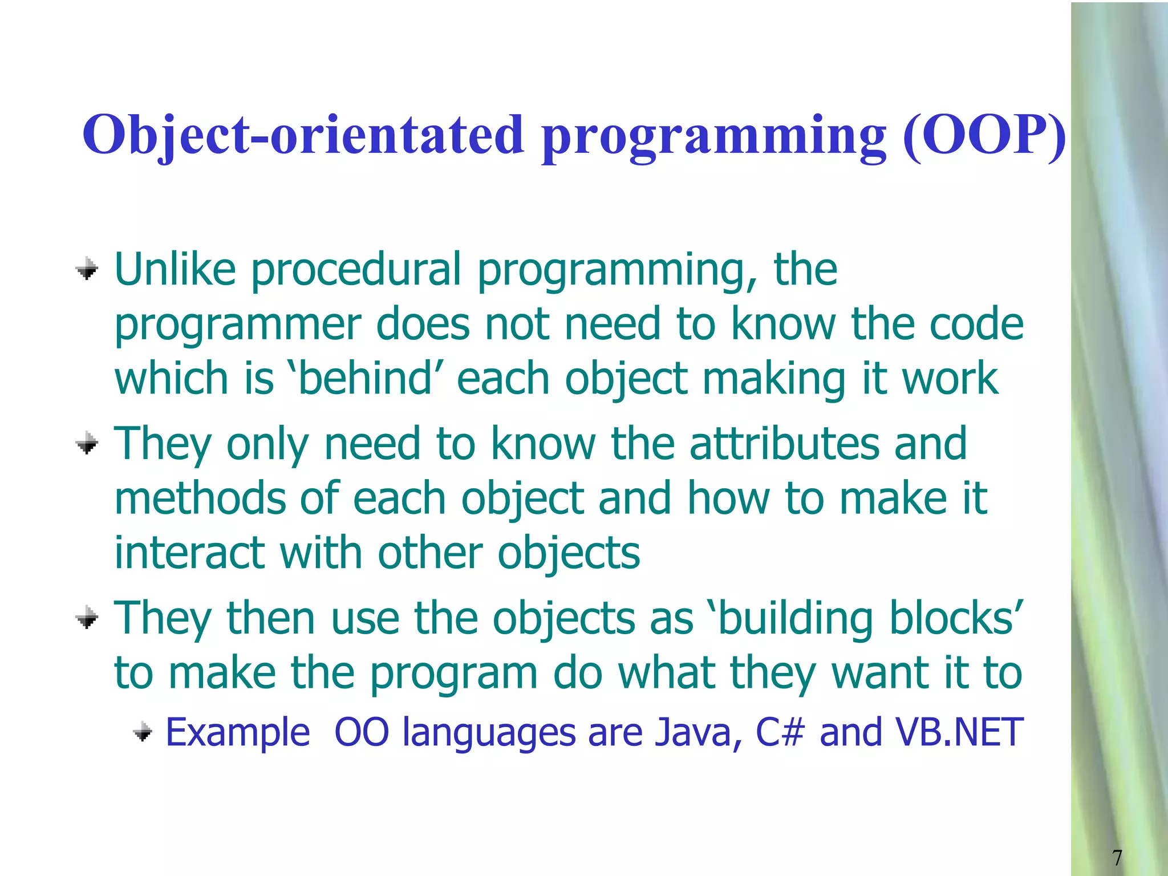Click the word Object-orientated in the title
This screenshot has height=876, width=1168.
tap(302, 135)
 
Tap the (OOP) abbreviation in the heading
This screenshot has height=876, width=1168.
tap(984, 135)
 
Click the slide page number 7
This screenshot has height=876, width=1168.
tap(1117, 857)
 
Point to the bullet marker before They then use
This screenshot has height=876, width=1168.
tap(87, 617)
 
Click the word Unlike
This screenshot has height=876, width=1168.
tap(175, 269)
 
